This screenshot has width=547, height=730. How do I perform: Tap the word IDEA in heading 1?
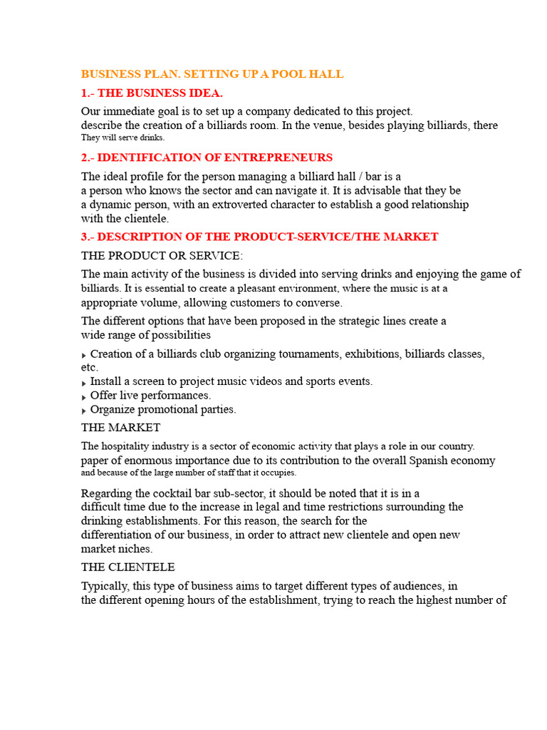pyautogui.click(x=204, y=93)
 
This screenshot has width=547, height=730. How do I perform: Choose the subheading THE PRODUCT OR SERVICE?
pyautogui.click(x=162, y=255)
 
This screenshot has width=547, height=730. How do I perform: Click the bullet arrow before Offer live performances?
pyautogui.click(x=84, y=396)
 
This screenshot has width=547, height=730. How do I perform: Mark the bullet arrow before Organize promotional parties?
pyautogui.click(x=84, y=411)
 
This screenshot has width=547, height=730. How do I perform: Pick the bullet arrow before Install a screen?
pyautogui.click(x=84, y=383)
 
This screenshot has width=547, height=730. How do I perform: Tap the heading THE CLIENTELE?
pyautogui.click(x=128, y=567)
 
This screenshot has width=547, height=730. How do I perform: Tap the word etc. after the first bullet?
pyautogui.click(x=89, y=367)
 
